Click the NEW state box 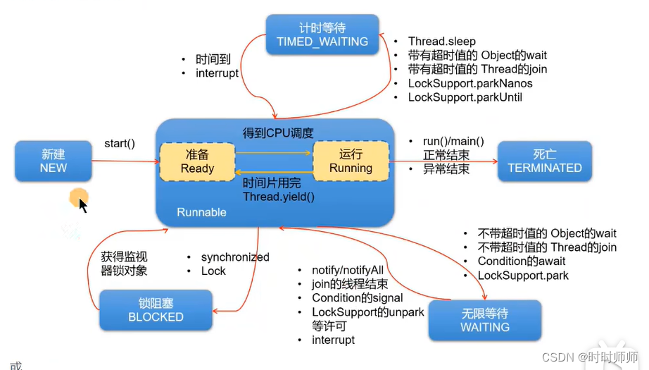click(x=53, y=161)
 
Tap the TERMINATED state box click(x=545, y=161)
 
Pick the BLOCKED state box click(x=156, y=310)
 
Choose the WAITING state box click(x=485, y=320)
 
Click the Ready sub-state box click(x=197, y=161)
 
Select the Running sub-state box click(x=351, y=161)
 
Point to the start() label click(x=120, y=144)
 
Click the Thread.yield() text click(x=279, y=197)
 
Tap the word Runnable click(x=201, y=212)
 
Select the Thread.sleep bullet click(x=442, y=42)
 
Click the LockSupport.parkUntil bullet click(x=465, y=97)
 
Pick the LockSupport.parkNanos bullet click(x=470, y=83)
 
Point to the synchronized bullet click(x=235, y=257)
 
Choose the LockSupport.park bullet click(x=523, y=276)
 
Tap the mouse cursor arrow click(x=82, y=204)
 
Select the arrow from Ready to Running click(x=273, y=152)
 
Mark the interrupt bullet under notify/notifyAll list click(x=334, y=340)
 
